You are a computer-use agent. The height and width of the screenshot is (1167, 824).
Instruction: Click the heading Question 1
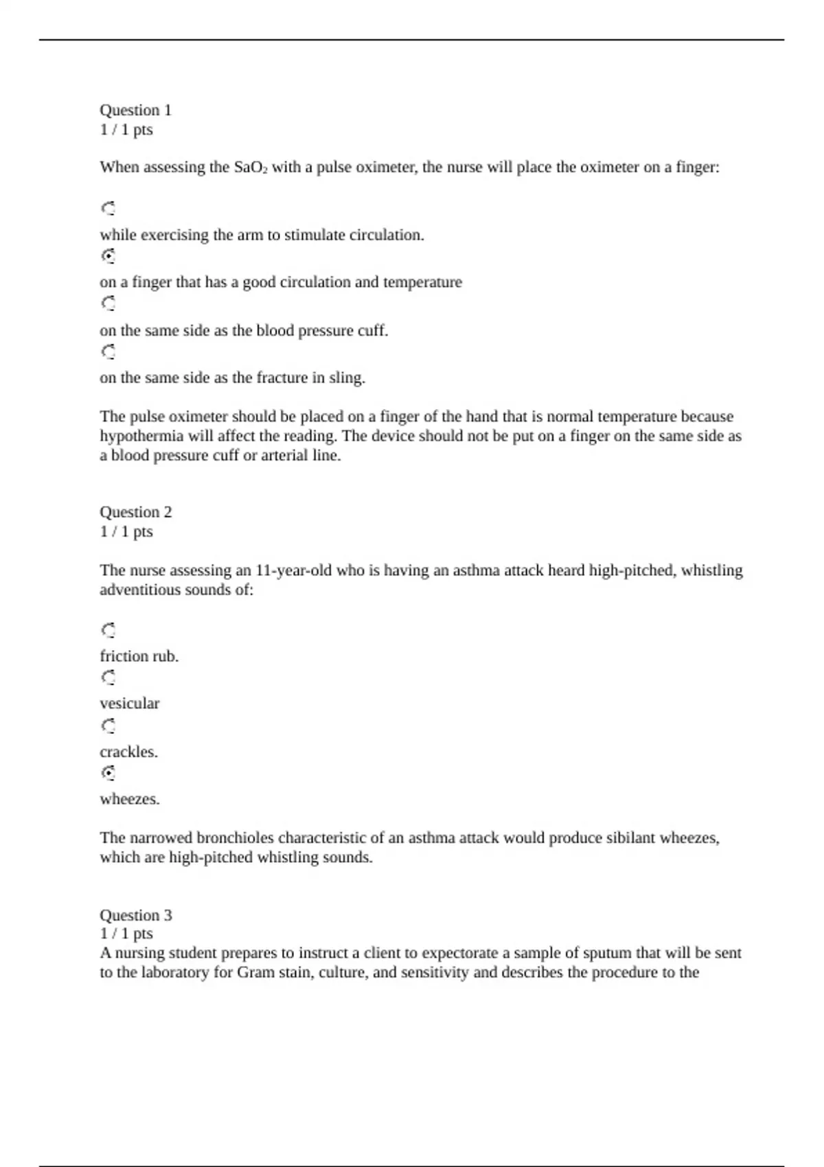point(135,111)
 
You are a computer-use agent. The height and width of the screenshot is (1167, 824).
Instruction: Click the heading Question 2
point(135,512)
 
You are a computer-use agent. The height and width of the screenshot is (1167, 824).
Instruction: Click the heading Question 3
point(135,915)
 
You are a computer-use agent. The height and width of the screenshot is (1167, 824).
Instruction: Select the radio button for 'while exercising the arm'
point(108,208)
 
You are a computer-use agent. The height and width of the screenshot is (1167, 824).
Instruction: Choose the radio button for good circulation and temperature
point(108,256)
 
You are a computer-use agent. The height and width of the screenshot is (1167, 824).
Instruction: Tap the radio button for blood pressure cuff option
point(108,303)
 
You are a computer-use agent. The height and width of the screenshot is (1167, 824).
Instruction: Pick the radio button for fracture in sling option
point(108,351)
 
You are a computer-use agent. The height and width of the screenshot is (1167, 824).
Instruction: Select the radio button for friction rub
point(108,629)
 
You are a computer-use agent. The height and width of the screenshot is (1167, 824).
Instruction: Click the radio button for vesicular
point(108,678)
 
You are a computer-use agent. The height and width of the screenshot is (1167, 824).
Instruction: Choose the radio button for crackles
point(108,726)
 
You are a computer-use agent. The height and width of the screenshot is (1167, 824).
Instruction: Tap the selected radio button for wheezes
point(108,773)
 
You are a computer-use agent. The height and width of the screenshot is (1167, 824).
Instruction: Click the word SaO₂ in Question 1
point(251,167)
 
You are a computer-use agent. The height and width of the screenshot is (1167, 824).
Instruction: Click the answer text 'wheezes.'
point(129,799)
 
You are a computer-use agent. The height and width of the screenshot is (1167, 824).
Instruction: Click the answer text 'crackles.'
point(128,752)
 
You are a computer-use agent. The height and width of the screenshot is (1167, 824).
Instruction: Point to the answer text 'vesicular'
point(129,704)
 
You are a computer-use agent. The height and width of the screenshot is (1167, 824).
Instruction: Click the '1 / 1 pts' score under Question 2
point(126,531)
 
